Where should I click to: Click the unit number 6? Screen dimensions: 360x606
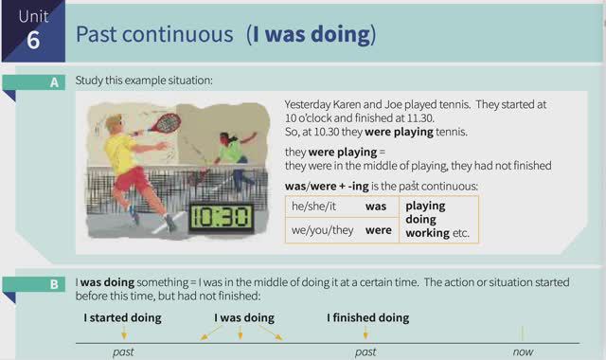(x=33, y=42)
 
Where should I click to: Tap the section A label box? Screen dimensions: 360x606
(x=54, y=82)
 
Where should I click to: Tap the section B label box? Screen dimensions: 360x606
(x=54, y=283)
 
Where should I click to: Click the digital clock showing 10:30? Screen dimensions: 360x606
(x=221, y=217)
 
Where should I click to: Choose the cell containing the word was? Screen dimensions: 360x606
(x=378, y=206)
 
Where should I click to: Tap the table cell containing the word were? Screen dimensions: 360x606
(x=378, y=230)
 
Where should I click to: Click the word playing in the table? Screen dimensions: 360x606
(x=425, y=205)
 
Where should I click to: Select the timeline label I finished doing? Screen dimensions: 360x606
(x=368, y=317)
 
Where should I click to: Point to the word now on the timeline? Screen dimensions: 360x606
(x=522, y=352)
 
